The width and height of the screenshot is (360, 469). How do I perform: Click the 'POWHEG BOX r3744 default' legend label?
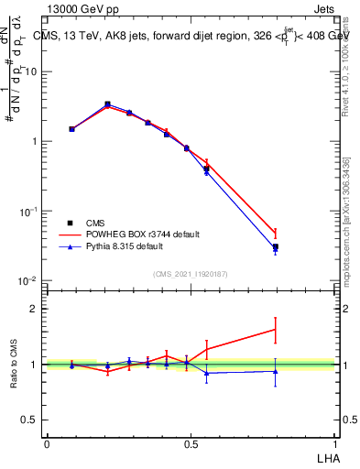coord(145,234)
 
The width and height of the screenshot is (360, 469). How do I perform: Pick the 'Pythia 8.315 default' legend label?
coord(134,247)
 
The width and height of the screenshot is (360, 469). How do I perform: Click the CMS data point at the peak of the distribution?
coord(108,104)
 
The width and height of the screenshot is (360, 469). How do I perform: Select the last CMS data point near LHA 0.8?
coord(276,247)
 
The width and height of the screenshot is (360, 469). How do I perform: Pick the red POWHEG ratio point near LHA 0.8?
coord(276,330)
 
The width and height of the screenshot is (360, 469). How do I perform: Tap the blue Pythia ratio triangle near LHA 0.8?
coord(276,371)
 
